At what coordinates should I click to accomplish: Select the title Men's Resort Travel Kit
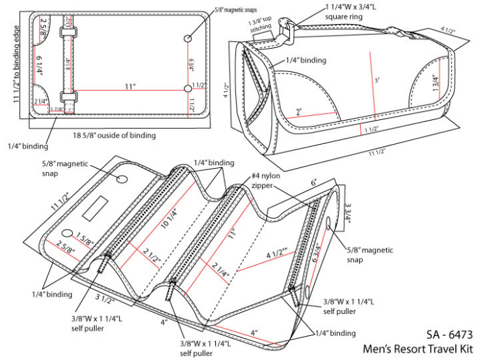[x=419, y=349]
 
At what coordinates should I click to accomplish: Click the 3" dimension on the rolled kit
[x=376, y=80]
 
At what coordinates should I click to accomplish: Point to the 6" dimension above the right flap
[x=315, y=183]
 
